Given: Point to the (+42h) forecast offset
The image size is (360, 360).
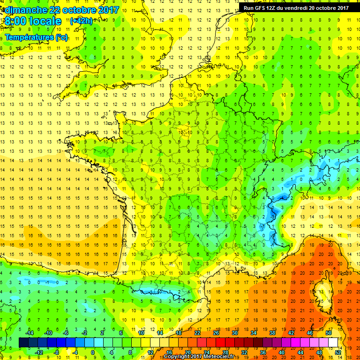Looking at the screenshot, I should pos(81,21).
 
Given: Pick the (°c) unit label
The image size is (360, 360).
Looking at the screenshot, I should pos(61,37).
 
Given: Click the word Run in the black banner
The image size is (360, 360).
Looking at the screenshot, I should pos(249,8).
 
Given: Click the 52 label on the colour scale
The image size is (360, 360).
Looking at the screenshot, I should pos(338,352).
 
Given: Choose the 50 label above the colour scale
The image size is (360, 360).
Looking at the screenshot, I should pos(329,332).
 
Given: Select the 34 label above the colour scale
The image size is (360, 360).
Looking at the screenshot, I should pos(254,332).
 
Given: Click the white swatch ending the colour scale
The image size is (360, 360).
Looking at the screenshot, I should pos(333,342).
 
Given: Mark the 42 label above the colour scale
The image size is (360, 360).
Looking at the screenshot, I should pos(291,332).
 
